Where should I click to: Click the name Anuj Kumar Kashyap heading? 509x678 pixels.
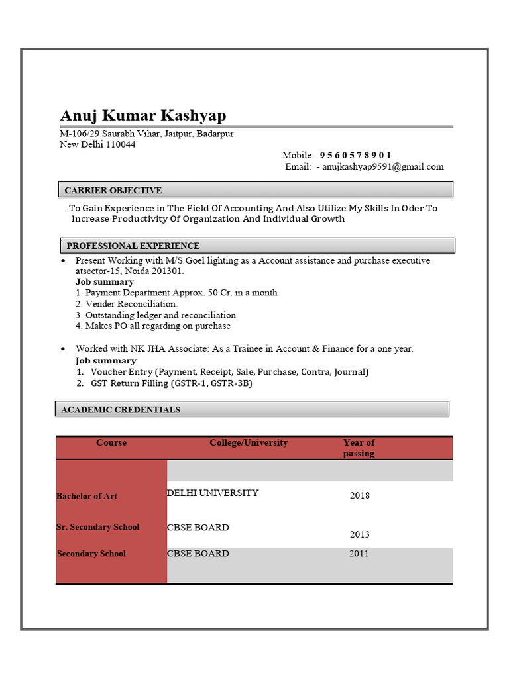pos(142,115)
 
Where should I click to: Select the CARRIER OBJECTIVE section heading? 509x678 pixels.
pos(113,191)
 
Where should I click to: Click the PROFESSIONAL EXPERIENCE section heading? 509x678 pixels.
pos(133,246)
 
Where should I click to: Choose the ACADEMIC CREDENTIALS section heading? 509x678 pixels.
pos(121,410)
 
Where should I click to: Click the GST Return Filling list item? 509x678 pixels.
pos(171,383)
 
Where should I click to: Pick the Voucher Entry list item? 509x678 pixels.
pos(229,372)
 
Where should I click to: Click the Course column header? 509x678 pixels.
pos(111,442)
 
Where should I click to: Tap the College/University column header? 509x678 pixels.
pos(249,442)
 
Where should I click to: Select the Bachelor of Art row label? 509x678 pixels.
pos(87,496)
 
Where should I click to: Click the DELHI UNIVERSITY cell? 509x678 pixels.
pos(213,493)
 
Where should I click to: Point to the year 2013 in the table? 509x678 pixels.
pos(360,534)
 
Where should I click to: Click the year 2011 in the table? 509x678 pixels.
pos(359,554)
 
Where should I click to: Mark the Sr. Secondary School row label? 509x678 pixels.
pos(98,527)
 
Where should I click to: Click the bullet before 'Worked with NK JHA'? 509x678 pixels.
pos(62,349)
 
